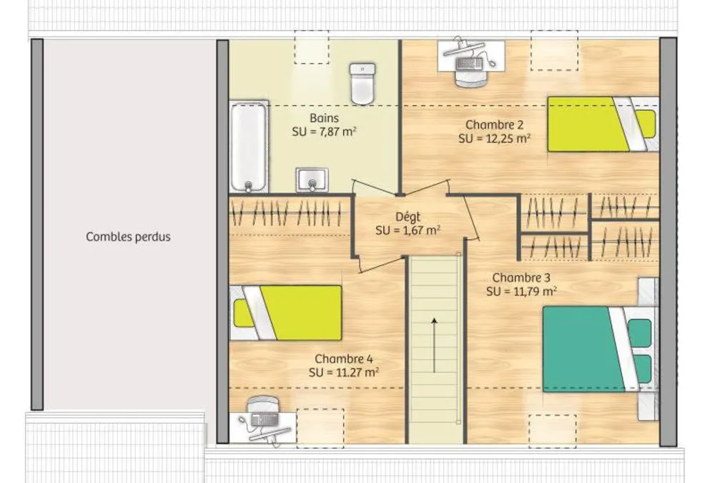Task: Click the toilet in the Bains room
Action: point(363,84)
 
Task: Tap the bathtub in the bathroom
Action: point(249,146)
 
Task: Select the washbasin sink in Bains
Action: point(312,180)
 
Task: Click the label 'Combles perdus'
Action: point(128,237)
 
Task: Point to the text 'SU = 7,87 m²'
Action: point(324,132)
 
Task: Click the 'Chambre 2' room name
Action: point(494,125)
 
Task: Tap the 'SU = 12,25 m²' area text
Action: point(495,138)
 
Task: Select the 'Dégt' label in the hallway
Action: point(408,218)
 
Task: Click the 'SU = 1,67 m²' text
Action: point(408,230)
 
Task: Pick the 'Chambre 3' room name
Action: point(521,278)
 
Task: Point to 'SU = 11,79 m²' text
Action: point(521,291)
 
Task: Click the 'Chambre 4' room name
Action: point(344,359)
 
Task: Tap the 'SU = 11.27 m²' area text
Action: point(344,373)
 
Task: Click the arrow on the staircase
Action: point(435,346)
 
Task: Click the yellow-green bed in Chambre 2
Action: point(603,124)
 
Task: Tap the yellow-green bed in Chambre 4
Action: point(286,313)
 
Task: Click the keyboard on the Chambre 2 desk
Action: point(469,64)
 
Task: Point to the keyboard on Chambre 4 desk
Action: point(265,419)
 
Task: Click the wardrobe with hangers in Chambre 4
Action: point(290,214)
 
